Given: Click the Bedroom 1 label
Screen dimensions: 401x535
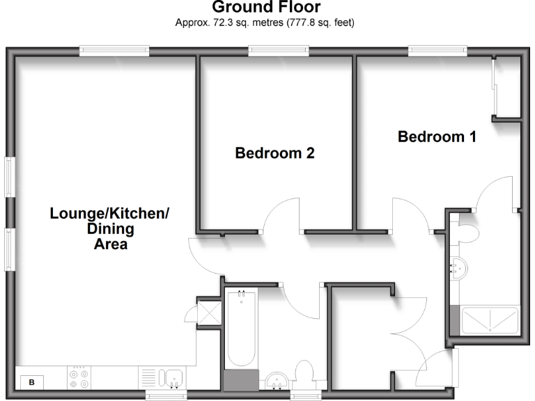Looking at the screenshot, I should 437,136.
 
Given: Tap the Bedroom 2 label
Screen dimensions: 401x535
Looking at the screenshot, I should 274,153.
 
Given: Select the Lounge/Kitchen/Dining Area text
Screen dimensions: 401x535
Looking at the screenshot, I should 109,228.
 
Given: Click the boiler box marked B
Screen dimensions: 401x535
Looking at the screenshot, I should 31,382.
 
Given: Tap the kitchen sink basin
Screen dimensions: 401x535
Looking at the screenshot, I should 172,378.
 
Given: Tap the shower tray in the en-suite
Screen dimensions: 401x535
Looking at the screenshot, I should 490,320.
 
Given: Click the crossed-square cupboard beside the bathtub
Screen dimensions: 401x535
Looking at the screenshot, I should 208,312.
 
